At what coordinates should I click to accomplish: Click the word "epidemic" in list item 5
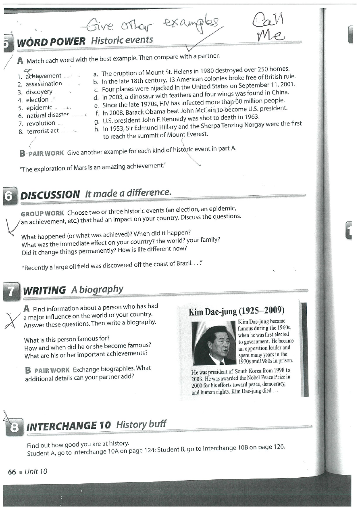click(x=39, y=108)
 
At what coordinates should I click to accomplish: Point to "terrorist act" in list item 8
click(x=43, y=131)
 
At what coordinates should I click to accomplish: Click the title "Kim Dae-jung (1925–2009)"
click(x=237, y=311)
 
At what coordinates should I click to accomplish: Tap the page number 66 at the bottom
click(x=12, y=472)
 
